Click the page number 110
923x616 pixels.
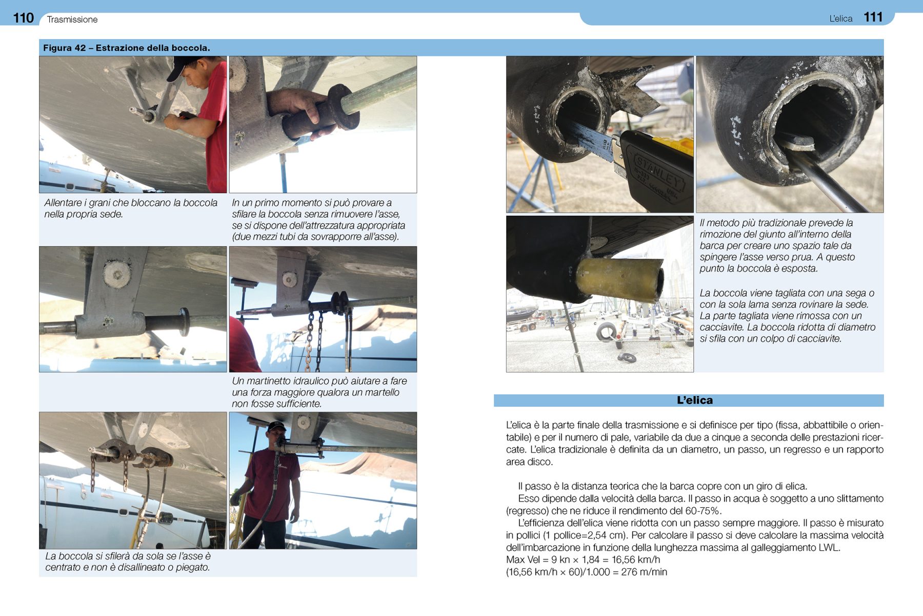tap(23, 18)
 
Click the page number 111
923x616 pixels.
tap(873, 17)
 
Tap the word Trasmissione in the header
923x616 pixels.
tap(72, 20)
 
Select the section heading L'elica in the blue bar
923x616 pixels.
tap(694, 400)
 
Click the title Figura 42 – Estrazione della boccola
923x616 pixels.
tap(126, 48)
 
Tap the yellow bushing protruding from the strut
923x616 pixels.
tap(618, 279)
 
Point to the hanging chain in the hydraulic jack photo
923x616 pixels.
tap(310, 339)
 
